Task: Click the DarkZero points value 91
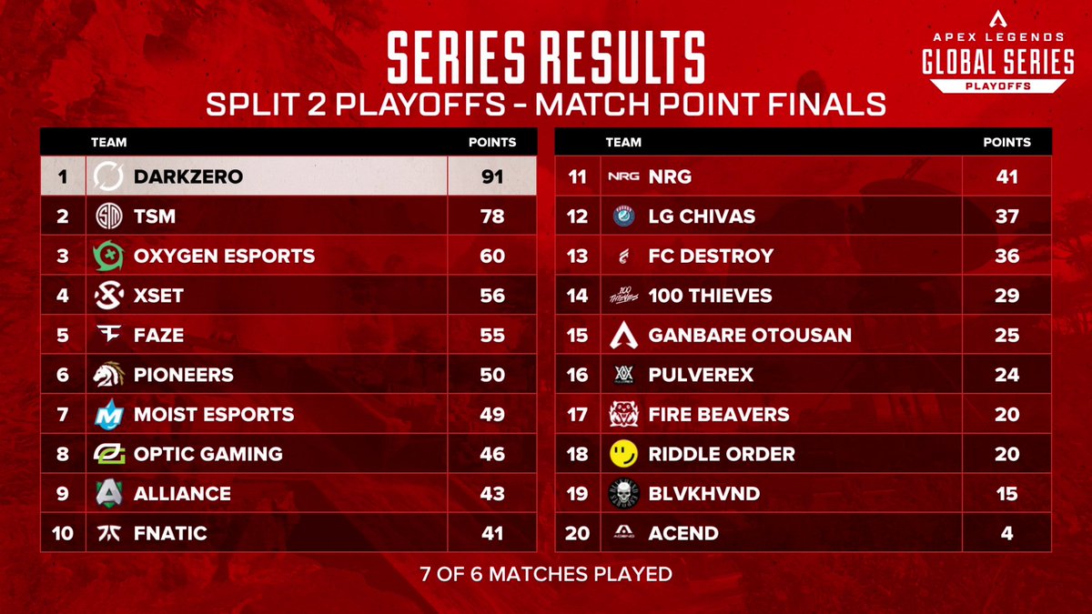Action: [x=492, y=176]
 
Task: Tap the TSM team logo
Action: [x=108, y=216]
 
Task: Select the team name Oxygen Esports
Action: [x=224, y=256]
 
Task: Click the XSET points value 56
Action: [x=492, y=296]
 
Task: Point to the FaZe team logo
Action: [x=108, y=335]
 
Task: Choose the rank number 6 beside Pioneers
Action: [x=63, y=375]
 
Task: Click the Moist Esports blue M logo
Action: [x=108, y=414]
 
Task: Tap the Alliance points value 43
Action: [x=492, y=493]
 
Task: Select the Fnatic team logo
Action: [x=108, y=533]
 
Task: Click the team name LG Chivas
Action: [x=702, y=216]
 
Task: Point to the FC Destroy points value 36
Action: [x=1006, y=256]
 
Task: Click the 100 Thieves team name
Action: [x=710, y=296]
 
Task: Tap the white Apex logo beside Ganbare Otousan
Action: [x=623, y=335]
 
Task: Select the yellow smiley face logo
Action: [x=623, y=454]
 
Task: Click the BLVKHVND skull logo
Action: [x=623, y=493]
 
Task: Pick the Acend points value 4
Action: [x=1006, y=533]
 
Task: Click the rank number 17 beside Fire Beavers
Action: [x=578, y=414]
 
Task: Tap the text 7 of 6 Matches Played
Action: [x=546, y=575]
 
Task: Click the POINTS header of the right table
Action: [x=1006, y=142]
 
